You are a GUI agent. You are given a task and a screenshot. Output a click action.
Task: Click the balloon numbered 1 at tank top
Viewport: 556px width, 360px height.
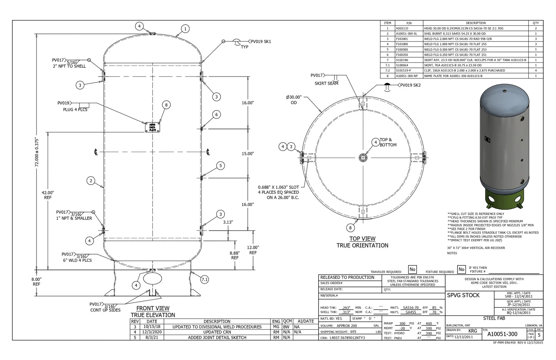tap(185, 29)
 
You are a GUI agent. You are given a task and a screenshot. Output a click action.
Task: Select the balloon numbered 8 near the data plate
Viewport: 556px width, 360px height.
tap(166, 105)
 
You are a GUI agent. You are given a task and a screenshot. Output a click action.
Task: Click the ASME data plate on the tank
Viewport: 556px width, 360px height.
tap(152, 127)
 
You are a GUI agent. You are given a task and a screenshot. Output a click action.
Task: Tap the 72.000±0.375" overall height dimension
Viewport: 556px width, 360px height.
tap(37, 152)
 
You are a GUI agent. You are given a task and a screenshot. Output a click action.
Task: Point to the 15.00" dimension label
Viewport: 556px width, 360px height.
tap(248, 154)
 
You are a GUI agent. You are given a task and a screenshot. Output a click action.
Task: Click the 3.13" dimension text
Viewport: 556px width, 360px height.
tap(228, 222)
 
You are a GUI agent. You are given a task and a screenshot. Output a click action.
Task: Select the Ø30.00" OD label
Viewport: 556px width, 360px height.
tap(294, 100)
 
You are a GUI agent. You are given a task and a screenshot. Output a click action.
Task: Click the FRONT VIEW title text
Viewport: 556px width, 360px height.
tap(153, 308)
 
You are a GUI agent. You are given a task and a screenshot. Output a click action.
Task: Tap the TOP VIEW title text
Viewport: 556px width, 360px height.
tap(362, 239)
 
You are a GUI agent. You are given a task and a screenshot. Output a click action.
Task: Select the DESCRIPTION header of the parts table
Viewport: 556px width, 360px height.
tap(476, 23)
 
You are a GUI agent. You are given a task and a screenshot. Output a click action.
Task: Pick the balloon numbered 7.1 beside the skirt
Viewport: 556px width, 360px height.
tap(205, 280)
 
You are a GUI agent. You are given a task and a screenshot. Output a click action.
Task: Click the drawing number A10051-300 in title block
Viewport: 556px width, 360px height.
tap(502, 334)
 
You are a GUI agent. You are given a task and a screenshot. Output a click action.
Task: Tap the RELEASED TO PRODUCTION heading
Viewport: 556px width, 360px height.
tap(347, 278)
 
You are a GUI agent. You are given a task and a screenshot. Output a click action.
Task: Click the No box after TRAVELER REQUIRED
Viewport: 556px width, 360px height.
tap(412, 270)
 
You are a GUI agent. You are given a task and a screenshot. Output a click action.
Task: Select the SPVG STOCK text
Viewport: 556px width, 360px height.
tap(463, 295)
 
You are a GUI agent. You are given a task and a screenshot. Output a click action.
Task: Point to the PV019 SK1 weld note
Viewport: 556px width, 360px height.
tap(261, 42)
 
